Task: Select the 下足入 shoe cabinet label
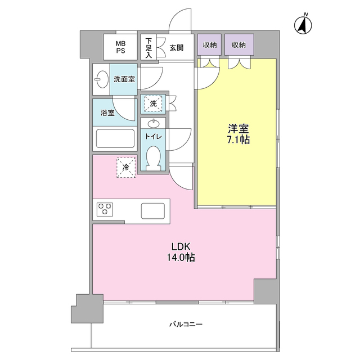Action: tap(148, 48)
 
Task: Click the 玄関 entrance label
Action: tap(177, 48)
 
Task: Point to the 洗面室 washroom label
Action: tap(123, 80)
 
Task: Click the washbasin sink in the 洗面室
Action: tap(102, 80)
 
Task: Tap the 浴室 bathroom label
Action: tap(107, 113)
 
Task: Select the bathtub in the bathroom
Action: tap(115, 138)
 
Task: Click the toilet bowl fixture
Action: tap(154, 157)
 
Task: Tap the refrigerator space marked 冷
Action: tap(126, 166)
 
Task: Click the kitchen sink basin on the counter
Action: tap(153, 210)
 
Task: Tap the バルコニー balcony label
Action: tap(186, 325)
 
